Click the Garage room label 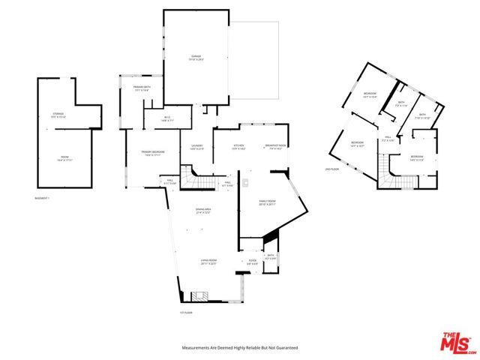click(197, 58)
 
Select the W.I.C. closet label click(169, 118)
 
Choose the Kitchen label click(238, 147)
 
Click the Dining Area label click(202, 211)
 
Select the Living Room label click(208, 262)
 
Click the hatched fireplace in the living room click(199, 296)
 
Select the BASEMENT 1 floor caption click(43, 199)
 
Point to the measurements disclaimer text click(240, 348)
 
